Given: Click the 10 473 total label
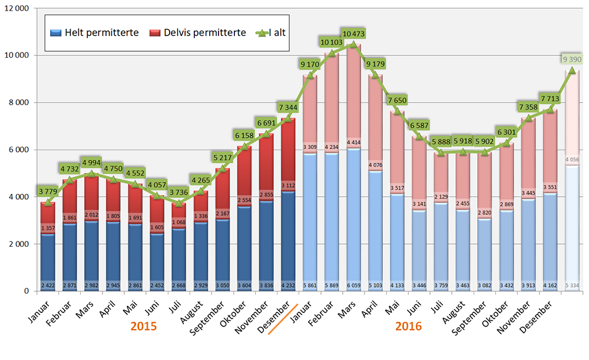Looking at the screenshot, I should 353,35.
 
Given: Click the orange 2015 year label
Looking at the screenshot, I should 144,325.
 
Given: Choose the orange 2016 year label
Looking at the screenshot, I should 409,325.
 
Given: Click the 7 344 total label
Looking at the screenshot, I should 290,107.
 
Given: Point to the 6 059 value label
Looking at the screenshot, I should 353,286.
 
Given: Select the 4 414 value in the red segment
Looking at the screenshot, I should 353,143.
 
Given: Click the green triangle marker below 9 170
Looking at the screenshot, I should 311,75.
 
